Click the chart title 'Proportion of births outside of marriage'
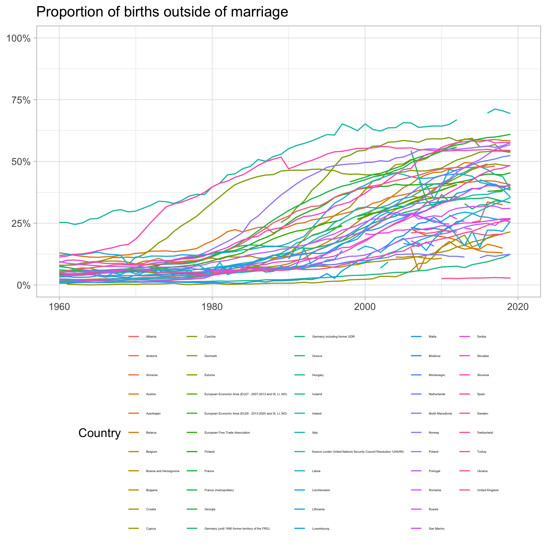click(162, 12)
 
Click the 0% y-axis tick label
click(23, 285)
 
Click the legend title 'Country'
click(99, 433)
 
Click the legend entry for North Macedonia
click(440, 414)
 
